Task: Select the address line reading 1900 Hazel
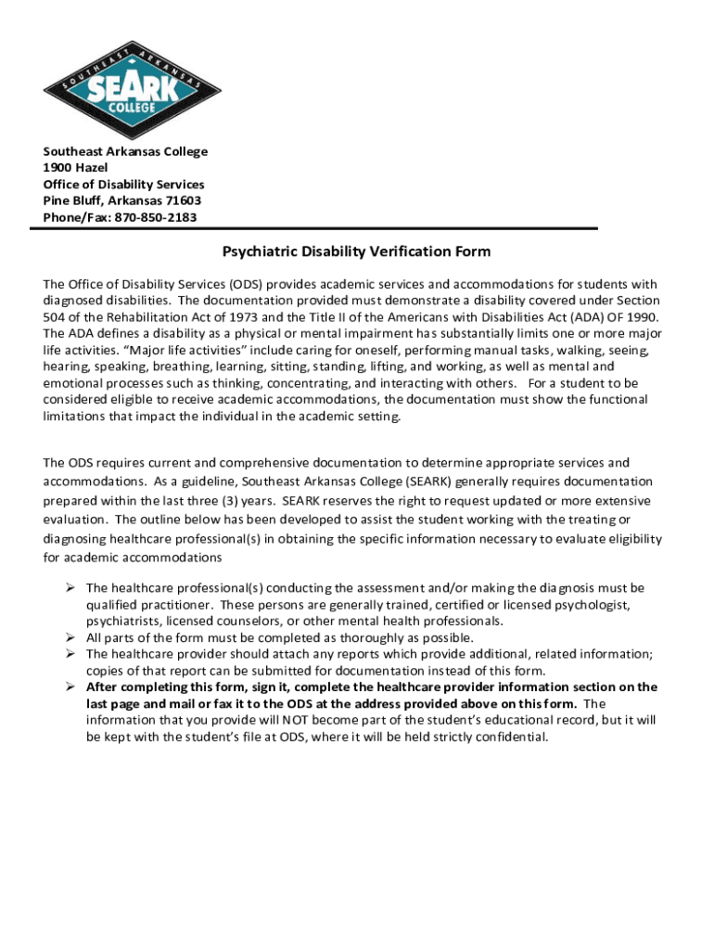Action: [75, 168]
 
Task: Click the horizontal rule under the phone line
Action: [320, 229]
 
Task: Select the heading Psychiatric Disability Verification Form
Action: [356, 252]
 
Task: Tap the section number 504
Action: [56, 317]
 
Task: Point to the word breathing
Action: [156, 367]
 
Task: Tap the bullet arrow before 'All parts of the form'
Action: [70, 637]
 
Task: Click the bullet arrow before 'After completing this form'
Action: [70, 687]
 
